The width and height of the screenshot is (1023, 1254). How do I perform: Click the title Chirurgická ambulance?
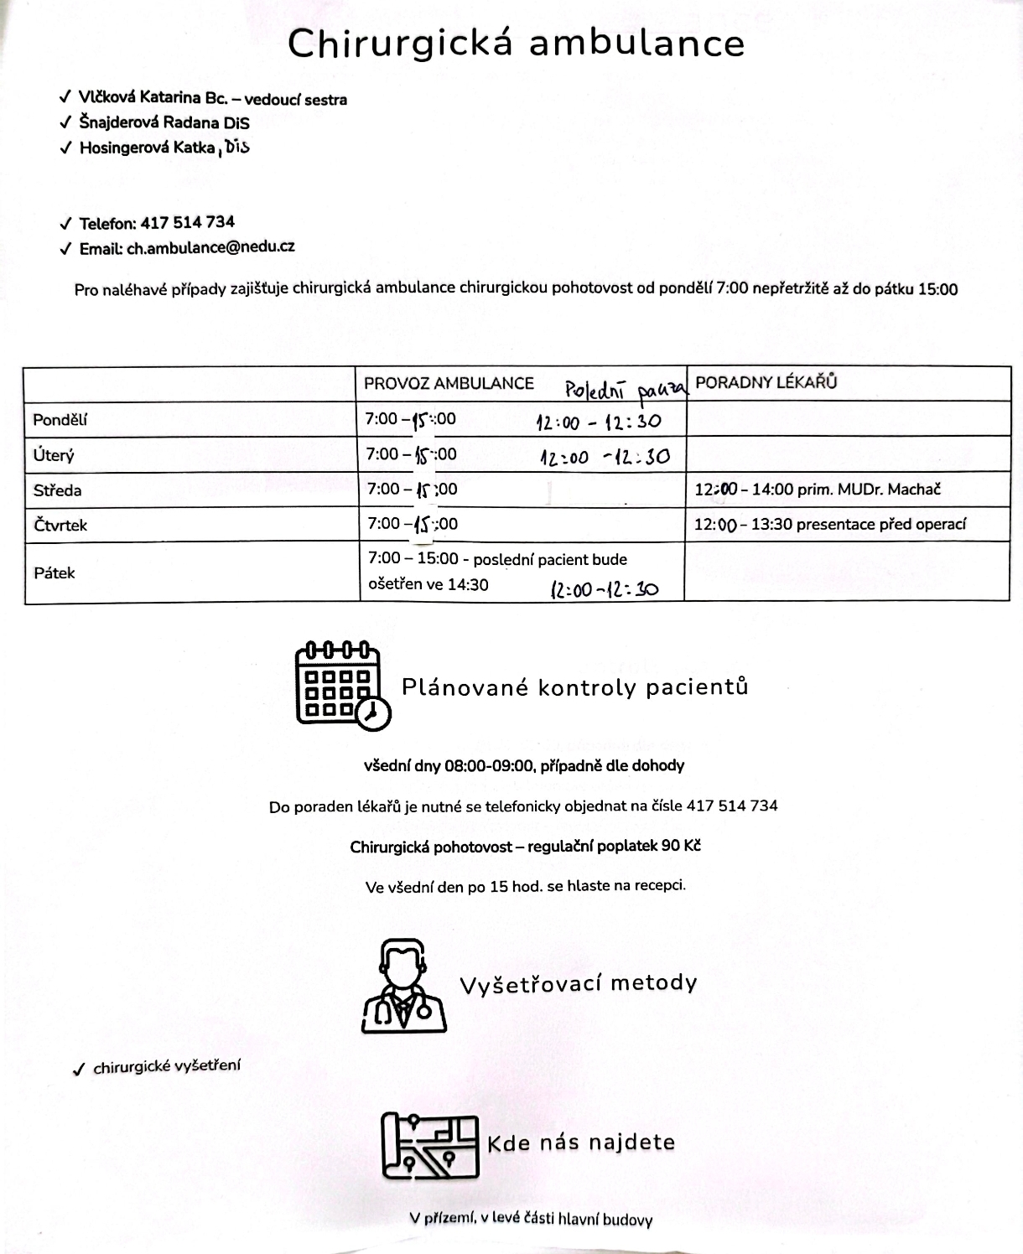pyautogui.click(x=516, y=44)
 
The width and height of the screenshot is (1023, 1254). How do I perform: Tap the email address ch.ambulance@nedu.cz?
pyautogui.click(x=210, y=247)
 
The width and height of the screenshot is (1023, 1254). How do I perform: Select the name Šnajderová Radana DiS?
pyautogui.click(x=164, y=122)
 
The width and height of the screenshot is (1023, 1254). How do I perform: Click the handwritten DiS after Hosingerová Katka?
pyautogui.click(x=237, y=148)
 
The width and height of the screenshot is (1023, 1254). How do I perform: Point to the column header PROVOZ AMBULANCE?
pyautogui.click(x=449, y=384)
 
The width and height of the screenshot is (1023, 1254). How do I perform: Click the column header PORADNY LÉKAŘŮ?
pyautogui.click(x=766, y=383)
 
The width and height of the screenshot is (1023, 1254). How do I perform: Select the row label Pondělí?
pyautogui.click(x=60, y=420)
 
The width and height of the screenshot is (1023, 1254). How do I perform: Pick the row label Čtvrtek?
pyautogui.click(x=60, y=526)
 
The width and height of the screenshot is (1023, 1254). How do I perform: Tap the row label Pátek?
pyautogui.click(x=55, y=573)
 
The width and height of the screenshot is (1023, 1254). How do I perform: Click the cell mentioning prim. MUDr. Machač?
pyautogui.click(x=818, y=490)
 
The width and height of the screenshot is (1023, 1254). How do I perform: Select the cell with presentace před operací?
pyautogui.click(x=830, y=525)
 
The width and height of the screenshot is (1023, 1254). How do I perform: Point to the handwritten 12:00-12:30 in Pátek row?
pyautogui.click(x=604, y=589)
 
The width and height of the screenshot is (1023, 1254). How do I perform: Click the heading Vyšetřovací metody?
pyautogui.click(x=579, y=983)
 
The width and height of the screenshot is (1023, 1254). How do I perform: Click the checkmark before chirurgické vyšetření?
pyautogui.click(x=79, y=1070)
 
